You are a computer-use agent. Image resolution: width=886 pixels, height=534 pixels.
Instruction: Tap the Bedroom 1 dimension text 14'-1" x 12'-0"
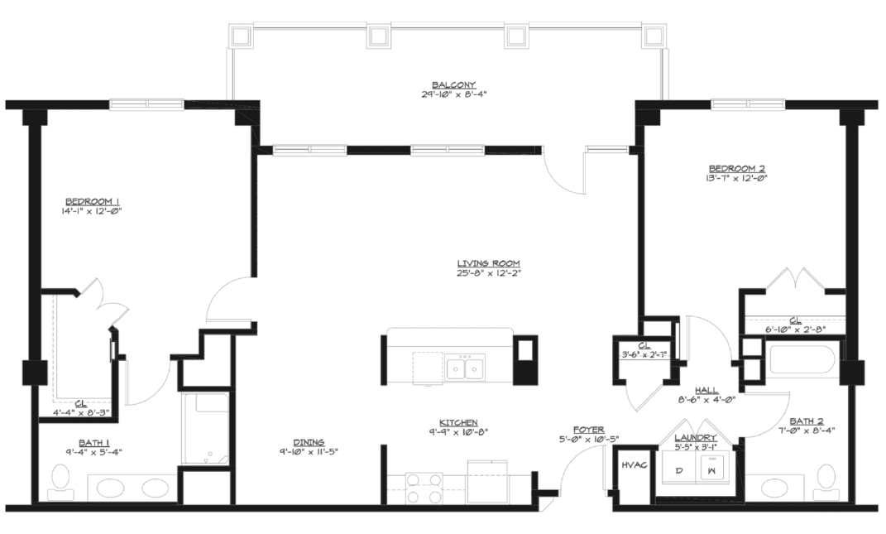pos(92,211)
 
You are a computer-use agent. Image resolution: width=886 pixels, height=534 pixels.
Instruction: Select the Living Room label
pos(488,263)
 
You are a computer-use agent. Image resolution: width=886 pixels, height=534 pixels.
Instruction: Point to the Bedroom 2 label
pos(737,169)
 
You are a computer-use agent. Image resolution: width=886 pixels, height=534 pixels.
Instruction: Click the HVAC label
pos(634,465)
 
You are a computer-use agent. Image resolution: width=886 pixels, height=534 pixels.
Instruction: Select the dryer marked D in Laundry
pos(680,470)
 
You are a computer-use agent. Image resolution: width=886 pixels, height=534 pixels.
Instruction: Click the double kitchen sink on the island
pos(464,368)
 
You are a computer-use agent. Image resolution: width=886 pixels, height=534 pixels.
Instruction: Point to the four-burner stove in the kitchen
pos(424,488)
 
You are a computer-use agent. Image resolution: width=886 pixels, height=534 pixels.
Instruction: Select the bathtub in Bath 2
pos(802,358)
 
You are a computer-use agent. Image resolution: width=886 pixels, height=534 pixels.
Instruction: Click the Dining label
pos(309,442)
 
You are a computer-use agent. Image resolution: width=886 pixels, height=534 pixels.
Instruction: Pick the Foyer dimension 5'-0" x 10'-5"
pos(588,439)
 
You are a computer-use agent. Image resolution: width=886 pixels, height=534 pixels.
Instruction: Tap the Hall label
pos(706,390)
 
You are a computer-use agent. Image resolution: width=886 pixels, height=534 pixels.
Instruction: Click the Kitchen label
pos(458,422)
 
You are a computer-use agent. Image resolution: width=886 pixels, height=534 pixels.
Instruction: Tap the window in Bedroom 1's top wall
pos(147,104)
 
